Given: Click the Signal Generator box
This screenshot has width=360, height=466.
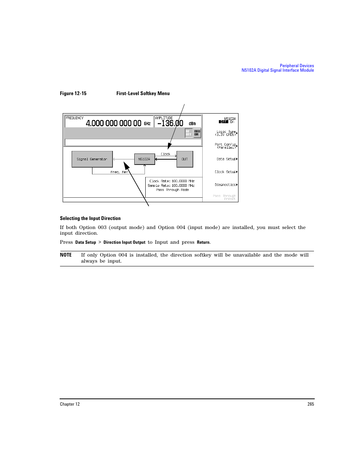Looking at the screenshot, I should [x=92, y=159].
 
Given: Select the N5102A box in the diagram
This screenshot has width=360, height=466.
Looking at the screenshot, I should [x=145, y=159].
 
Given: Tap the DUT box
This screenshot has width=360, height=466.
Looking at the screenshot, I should [x=185, y=159].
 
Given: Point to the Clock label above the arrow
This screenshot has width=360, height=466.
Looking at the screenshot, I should [x=165, y=154].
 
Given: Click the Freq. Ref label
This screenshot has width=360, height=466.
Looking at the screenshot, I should [x=119, y=172].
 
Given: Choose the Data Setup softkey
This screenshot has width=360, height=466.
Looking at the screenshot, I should [x=226, y=159].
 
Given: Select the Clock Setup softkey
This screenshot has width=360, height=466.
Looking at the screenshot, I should [x=226, y=172].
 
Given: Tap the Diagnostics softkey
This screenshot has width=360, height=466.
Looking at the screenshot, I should [x=226, y=185].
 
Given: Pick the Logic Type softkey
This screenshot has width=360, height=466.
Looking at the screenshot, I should [x=226, y=133].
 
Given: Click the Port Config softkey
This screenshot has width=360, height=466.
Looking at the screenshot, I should [x=226, y=146].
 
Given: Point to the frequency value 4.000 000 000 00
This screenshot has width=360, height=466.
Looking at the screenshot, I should [x=114, y=123].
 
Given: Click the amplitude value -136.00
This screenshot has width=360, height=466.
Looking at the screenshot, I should [x=170, y=123].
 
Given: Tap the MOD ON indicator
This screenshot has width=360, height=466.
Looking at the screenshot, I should [x=197, y=133].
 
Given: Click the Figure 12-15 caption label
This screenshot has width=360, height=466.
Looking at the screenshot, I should [x=73, y=94].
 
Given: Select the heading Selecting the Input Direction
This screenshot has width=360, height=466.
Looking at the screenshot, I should [x=90, y=218].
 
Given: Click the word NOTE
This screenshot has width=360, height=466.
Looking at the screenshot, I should [x=66, y=255].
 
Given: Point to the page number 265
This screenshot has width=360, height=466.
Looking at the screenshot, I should [x=311, y=404].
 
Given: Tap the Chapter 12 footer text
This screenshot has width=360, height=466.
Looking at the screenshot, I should [x=70, y=404].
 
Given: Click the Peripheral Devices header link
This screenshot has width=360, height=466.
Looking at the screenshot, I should [x=297, y=66].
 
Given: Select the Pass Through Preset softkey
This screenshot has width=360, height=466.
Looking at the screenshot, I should [x=225, y=197].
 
